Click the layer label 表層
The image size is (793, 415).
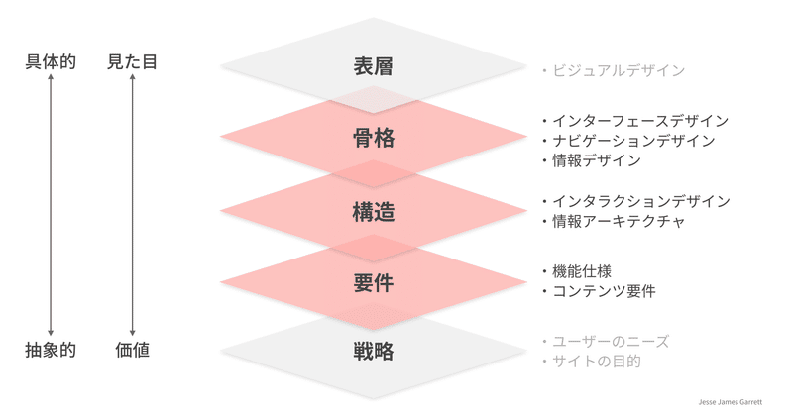coord(373,67)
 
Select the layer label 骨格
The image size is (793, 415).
coord(373,139)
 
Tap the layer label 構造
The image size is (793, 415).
coord(373,211)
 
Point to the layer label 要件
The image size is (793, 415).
coord(373,283)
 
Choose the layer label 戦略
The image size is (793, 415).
coord(373,351)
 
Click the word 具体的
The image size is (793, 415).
coord(51,62)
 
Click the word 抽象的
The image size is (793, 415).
coord(51,350)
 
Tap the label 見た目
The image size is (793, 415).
coord(132,62)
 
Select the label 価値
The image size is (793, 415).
coord(132,350)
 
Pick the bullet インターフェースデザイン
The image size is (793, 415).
coord(639,121)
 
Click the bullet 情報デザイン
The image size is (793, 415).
coord(596,160)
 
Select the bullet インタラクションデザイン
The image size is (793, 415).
coord(640,201)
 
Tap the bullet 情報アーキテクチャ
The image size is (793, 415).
coord(618,221)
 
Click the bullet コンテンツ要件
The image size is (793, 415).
coord(603,291)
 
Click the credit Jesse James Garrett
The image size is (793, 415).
coord(731,403)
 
